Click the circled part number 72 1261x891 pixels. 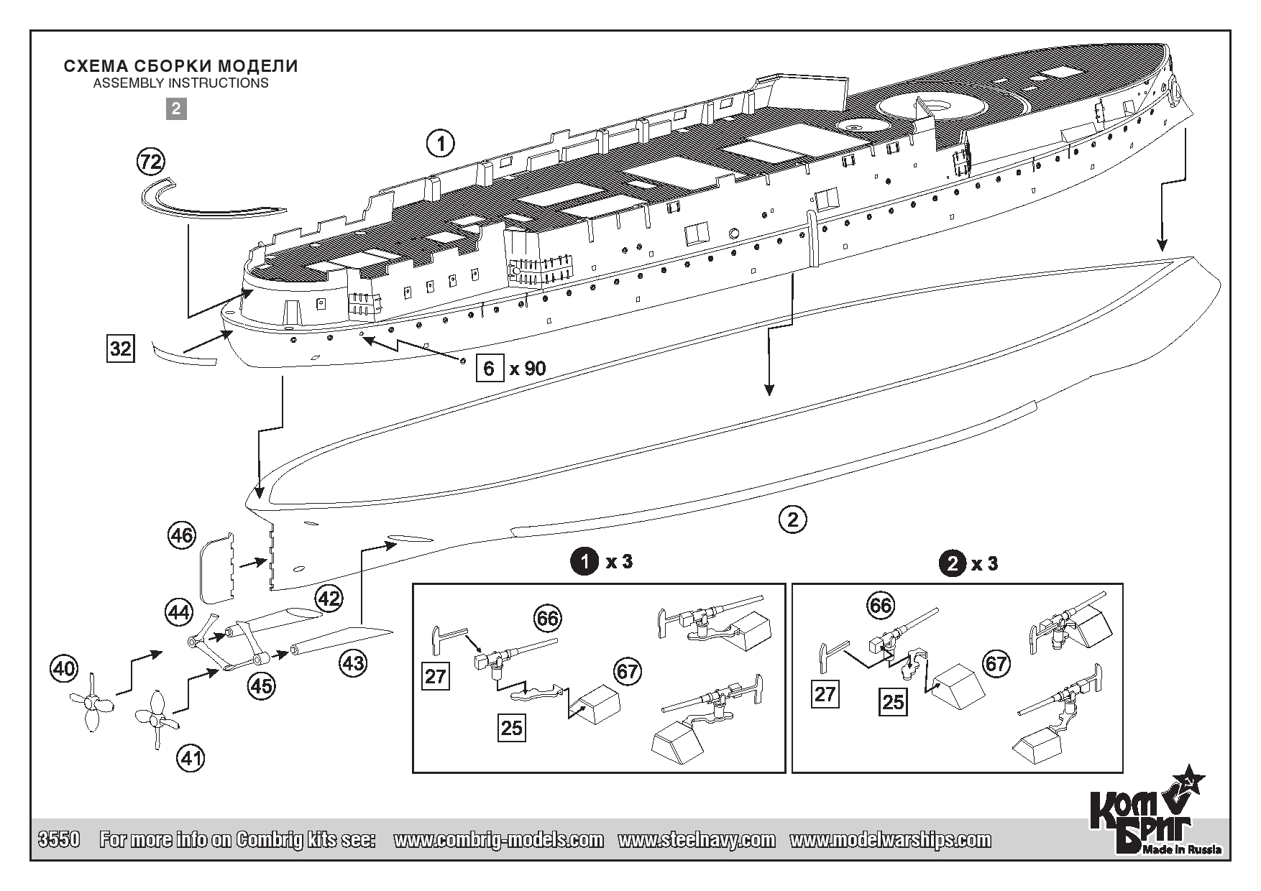(150, 162)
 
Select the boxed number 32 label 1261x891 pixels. (120, 348)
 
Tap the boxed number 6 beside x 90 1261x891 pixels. (490, 369)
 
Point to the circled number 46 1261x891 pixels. (181, 535)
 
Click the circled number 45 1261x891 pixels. (261, 685)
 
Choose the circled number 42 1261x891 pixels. (329, 598)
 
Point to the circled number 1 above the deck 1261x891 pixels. (441, 143)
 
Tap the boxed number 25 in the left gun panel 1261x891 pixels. (511, 728)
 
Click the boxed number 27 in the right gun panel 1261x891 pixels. (825, 695)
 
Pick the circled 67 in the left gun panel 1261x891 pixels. (627, 671)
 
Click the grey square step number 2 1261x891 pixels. (176, 109)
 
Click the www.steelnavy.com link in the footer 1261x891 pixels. (696, 840)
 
